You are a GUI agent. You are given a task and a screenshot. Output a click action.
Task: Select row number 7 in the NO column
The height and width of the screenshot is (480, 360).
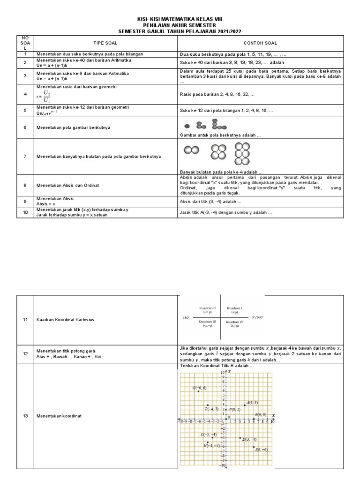[x=26, y=156]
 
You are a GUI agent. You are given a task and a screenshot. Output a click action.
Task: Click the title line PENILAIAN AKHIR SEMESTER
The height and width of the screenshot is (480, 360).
[x=180, y=24]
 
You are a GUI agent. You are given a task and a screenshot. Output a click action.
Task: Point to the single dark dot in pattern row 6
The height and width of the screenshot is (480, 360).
[x=187, y=126]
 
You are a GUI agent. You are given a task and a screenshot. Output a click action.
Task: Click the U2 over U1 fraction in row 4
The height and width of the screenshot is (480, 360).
[x=46, y=96]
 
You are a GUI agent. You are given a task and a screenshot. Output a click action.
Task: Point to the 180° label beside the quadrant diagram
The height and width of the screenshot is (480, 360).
[x=185, y=317]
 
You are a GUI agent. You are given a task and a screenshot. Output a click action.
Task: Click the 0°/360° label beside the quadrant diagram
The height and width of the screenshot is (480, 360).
[x=257, y=317]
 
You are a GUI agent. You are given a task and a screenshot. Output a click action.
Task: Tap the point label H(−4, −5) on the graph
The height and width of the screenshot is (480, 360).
[x=211, y=446]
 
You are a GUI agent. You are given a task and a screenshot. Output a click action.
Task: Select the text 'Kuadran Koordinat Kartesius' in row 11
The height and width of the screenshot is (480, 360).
[x=65, y=319]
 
